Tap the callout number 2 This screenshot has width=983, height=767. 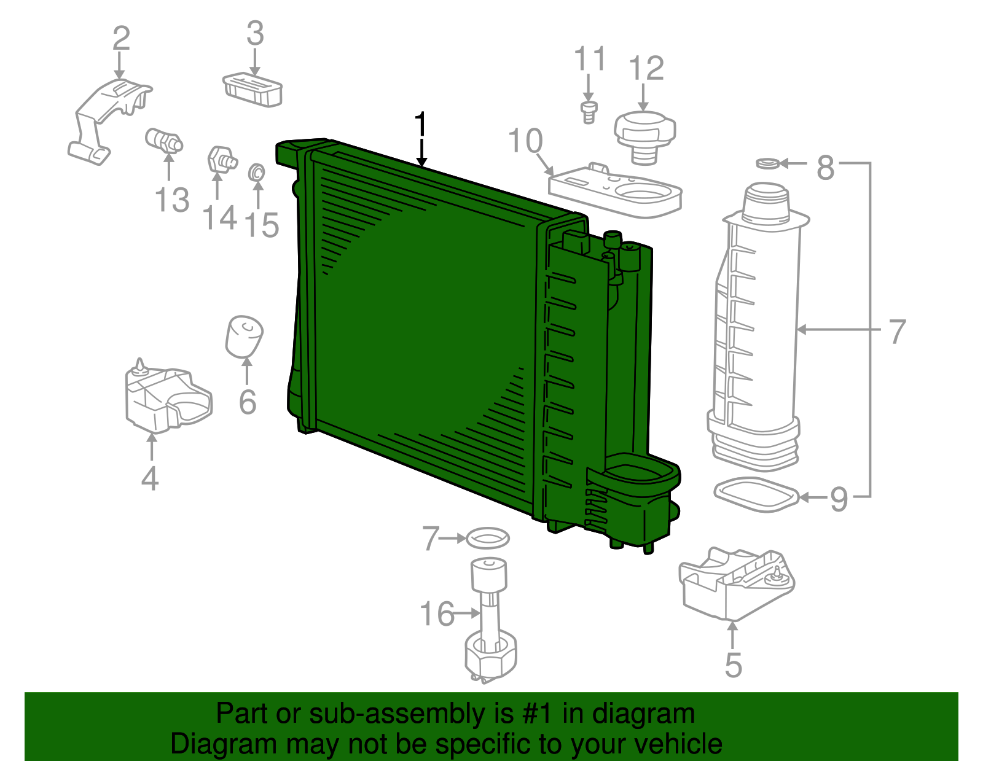pyautogui.click(x=121, y=38)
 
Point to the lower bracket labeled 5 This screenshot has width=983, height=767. pyautogui.click(x=734, y=583)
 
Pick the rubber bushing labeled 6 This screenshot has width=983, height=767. pyautogui.click(x=245, y=337)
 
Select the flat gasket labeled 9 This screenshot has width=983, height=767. pyautogui.click(x=756, y=495)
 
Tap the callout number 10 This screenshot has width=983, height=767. pyautogui.click(x=526, y=141)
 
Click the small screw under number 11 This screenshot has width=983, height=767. pyautogui.click(x=589, y=112)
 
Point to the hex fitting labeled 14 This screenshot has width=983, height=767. pyautogui.click(x=221, y=160)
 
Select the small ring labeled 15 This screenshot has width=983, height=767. pyautogui.click(x=256, y=172)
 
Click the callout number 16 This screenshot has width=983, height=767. pyautogui.click(x=437, y=613)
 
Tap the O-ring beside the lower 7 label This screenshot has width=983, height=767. pyautogui.click(x=488, y=539)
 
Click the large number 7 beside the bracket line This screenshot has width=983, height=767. pyautogui.click(x=897, y=332)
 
